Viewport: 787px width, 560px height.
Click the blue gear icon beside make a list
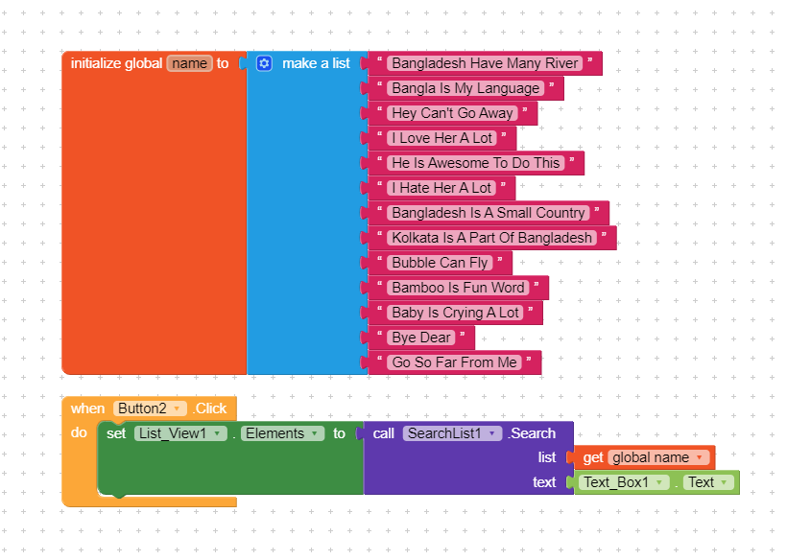264,63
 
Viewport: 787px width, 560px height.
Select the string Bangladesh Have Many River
485,63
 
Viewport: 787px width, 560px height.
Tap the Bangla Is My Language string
465,88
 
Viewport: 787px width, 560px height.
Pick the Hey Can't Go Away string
452,113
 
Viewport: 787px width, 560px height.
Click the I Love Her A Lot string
442,138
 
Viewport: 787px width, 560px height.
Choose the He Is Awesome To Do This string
476,163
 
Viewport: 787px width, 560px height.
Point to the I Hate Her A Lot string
441,188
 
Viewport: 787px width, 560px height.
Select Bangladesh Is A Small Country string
489,213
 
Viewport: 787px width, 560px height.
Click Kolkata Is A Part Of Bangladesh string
491,238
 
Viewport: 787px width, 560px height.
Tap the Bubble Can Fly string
440,263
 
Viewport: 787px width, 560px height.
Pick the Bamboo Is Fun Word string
458,288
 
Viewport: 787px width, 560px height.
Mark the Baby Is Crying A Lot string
455,313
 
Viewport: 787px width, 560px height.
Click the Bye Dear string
421,338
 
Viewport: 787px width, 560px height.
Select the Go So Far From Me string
454,362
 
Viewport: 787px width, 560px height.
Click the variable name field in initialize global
190,63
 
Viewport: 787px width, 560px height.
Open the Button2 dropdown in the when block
150,408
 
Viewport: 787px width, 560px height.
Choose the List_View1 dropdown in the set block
180,433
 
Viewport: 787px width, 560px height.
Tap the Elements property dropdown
282,433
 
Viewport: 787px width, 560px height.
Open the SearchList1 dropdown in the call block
452,433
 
